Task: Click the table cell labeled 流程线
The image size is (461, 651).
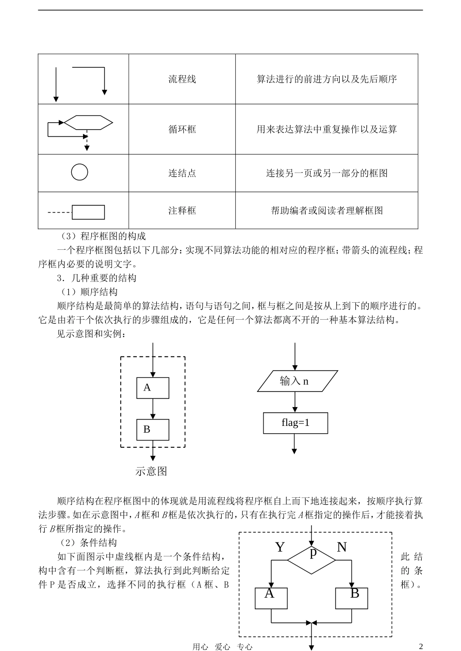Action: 182,79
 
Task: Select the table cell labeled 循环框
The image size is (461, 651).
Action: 182,130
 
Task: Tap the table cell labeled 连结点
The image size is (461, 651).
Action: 182,173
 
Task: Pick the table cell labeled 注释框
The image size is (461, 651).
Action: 182,211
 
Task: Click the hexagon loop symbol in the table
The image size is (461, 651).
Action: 88,123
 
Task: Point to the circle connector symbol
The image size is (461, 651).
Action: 80,172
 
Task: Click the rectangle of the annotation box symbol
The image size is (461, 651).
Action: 88,212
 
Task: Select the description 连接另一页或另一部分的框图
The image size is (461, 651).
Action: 327,173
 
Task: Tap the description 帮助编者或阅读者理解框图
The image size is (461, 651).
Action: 327,211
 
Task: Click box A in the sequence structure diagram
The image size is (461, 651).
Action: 153,388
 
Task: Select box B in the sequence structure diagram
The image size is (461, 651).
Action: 153,430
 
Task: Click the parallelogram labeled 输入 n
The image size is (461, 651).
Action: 297,381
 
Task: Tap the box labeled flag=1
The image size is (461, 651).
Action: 296,423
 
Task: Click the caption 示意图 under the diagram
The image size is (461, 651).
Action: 151,472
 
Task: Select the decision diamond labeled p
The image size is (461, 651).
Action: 312,559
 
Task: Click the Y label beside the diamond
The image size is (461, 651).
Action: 280,547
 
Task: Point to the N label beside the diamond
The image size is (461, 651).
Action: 342,547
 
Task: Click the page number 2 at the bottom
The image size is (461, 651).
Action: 421,646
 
